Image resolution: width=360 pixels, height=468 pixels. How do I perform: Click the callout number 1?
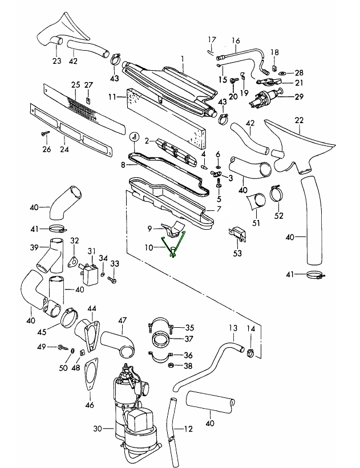click(x=183, y=59)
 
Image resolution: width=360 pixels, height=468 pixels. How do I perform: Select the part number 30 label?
click(x=97, y=428)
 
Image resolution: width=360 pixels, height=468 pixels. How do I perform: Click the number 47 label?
click(x=122, y=320)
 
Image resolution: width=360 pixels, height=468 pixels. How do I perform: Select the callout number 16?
click(x=235, y=40)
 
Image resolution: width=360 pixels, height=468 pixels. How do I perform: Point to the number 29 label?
click(x=299, y=97)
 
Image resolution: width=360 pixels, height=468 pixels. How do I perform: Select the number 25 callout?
click(x=75, y=85)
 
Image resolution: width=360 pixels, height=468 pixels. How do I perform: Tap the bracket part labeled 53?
click(x=237, y=234)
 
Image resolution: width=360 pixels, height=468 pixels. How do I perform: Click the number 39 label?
click(x=34, y=247)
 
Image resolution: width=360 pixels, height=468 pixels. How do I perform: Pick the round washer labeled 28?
click(x=282, y=73)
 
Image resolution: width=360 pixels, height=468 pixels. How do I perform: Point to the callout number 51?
click(x=256, y=222)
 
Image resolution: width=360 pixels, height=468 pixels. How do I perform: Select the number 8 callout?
click(x=123, y=165)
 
